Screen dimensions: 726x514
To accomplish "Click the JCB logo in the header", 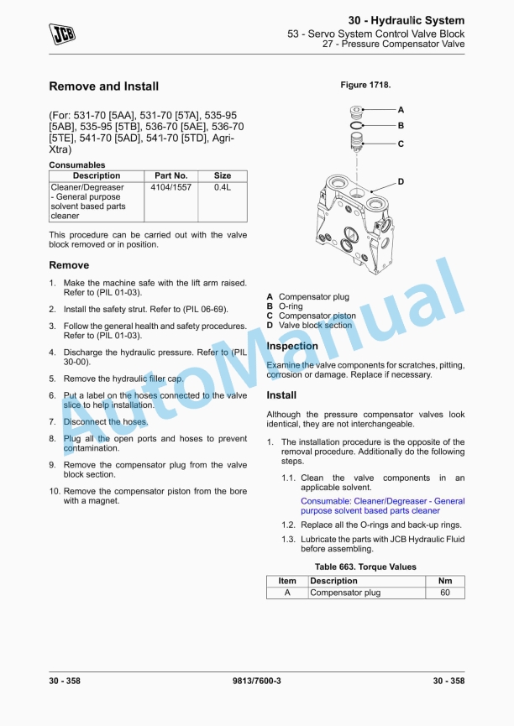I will coord(61,34).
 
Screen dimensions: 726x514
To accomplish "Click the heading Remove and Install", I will coord(103,86).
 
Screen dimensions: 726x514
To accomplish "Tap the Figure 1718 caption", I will coord(365,86).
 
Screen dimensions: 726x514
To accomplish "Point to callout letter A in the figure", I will coord(401,110).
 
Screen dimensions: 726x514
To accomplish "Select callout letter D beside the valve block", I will coord(401,181).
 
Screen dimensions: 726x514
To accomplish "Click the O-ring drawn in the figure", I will coord(357,126).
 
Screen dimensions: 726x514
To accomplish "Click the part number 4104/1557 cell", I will coord(170,187).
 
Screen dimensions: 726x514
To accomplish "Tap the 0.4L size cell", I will coord(223,187).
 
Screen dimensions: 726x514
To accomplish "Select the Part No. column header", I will coord(170,176).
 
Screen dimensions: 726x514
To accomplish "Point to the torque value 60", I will coord(445,593).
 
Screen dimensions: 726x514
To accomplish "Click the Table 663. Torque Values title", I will coord(365,567).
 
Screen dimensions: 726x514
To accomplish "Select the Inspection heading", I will coord(292,346).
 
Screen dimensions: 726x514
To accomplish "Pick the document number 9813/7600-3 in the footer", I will coord(256,681).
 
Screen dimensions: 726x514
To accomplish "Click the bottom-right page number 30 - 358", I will coord(448,681).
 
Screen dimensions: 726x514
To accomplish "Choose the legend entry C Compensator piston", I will coord(312,316).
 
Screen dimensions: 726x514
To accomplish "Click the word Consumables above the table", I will coord(77,165).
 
